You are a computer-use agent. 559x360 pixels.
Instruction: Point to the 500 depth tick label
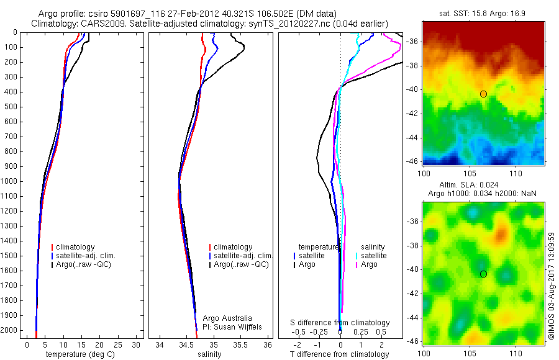point(11,107)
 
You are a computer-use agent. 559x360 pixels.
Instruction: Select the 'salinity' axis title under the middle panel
point(210,354)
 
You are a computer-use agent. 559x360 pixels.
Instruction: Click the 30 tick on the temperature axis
point(136,344)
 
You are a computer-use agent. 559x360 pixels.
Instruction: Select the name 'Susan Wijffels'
point(234,326)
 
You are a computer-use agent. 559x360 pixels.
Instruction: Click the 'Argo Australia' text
point(227,318)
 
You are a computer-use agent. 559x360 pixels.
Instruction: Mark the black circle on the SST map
point(483,94)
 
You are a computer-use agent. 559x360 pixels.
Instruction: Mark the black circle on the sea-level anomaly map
point(483,274)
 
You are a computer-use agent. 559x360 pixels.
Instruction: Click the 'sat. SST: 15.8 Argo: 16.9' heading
point(483,13)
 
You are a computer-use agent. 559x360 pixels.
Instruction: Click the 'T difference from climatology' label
point(339,354)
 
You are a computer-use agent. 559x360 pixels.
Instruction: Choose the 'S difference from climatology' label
point(340,323)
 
